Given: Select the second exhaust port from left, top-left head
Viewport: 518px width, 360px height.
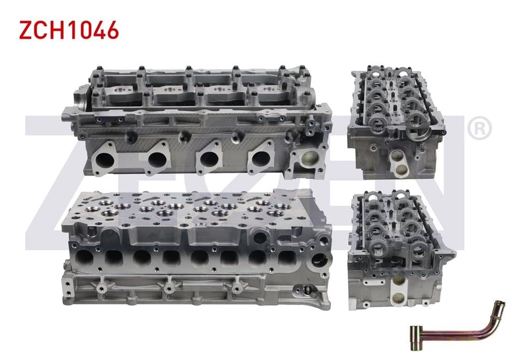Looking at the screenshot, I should click(x=156, y=157).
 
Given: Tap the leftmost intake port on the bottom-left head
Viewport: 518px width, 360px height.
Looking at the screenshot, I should click(x=84, y=257).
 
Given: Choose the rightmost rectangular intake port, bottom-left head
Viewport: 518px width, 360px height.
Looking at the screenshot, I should click(x=286, y=257).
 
